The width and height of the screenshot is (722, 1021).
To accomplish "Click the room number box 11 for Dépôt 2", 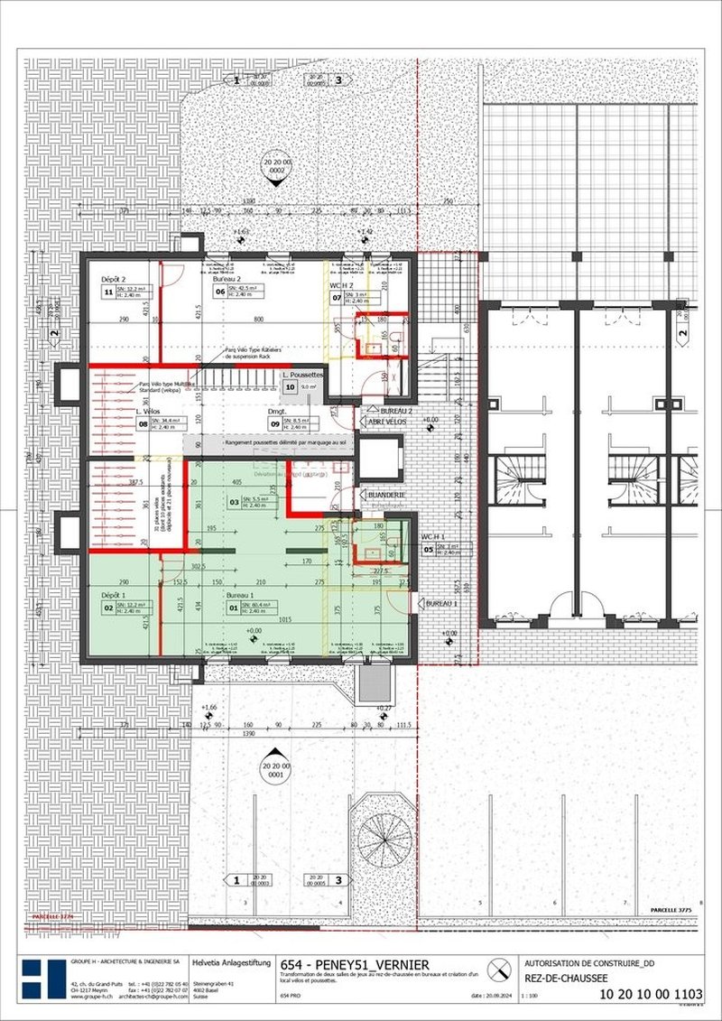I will (108, 292).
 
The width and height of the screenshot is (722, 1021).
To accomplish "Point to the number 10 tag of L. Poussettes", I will (290, 386).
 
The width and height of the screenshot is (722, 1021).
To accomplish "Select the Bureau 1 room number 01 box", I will (233, 607).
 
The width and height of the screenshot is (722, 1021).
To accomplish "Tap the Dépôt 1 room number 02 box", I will (108, 608).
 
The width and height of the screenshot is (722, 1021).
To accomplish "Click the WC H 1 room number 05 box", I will (430, 548).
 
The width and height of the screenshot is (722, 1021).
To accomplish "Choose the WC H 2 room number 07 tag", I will (338, 296).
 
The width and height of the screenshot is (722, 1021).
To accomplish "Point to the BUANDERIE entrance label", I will (385, 495).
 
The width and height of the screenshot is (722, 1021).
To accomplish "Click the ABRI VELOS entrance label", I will (387, 429).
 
